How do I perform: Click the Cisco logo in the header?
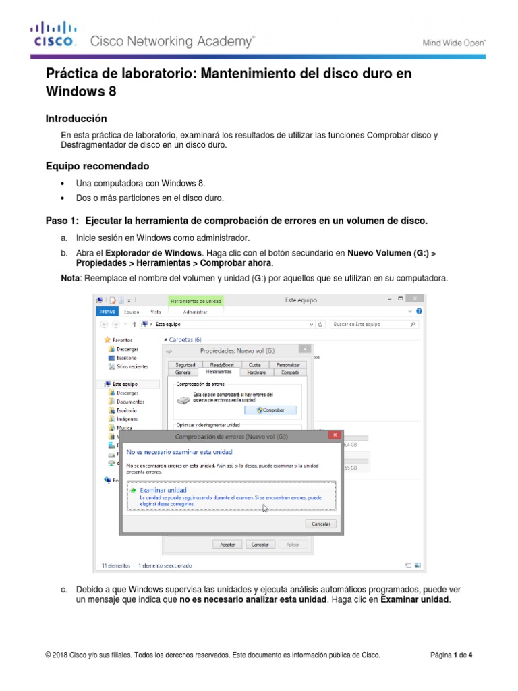click(55, 34)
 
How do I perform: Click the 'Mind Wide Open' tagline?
click(454, 43)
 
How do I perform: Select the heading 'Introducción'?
click(76, 118)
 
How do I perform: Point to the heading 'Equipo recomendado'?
click(97, 166)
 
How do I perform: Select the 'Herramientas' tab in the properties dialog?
click(219, 372)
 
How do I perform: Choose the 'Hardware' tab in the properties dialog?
click(256, 372)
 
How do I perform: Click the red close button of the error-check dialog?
click(334, 436)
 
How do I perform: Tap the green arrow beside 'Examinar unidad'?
click(134, 490)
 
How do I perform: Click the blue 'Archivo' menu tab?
click(108, 312)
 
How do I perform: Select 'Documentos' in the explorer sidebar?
click(129, 401)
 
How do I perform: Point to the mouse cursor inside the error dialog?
click(265, 508)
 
